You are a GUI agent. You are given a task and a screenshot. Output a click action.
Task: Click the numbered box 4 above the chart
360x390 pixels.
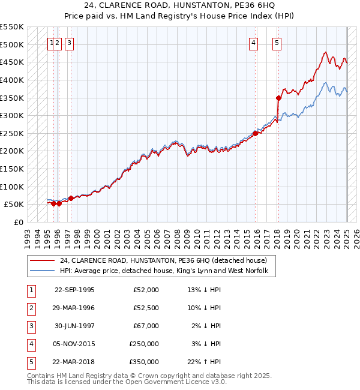[x=254, y=43]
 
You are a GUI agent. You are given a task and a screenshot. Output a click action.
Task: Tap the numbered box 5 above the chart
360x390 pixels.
[x=277, y=43]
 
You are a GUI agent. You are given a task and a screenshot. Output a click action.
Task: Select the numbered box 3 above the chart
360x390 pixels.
[x=70, y=43]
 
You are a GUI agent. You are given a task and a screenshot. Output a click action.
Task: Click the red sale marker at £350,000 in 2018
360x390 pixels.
[x=279, y=98]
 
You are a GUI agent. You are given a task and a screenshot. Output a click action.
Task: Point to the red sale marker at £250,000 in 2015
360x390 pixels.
[x=256, y=133]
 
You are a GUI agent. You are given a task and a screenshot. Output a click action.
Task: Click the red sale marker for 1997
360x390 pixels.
[x=71, y=198]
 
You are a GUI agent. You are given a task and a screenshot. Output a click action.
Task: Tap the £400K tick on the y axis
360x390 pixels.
[x=13, y=80]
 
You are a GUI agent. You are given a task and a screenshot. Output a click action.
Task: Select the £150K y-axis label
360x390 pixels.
[x=13, y=169]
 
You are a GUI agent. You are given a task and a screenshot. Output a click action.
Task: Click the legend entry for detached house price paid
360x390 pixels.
[x=167, y=260]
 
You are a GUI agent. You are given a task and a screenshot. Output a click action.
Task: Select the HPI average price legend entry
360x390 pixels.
[x=167, y=271]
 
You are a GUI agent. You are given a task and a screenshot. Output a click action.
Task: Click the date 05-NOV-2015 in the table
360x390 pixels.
[x=74, y=344]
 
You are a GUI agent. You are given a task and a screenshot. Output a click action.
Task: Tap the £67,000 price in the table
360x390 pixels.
[x=146, y=326]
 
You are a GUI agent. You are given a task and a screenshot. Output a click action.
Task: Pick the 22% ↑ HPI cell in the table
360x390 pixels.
[x=204, y=362]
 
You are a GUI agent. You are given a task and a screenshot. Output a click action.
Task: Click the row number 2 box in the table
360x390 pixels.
[x=31, y=308]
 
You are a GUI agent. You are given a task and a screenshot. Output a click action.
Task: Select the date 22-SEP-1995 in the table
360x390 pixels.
[x=74, y=290]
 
